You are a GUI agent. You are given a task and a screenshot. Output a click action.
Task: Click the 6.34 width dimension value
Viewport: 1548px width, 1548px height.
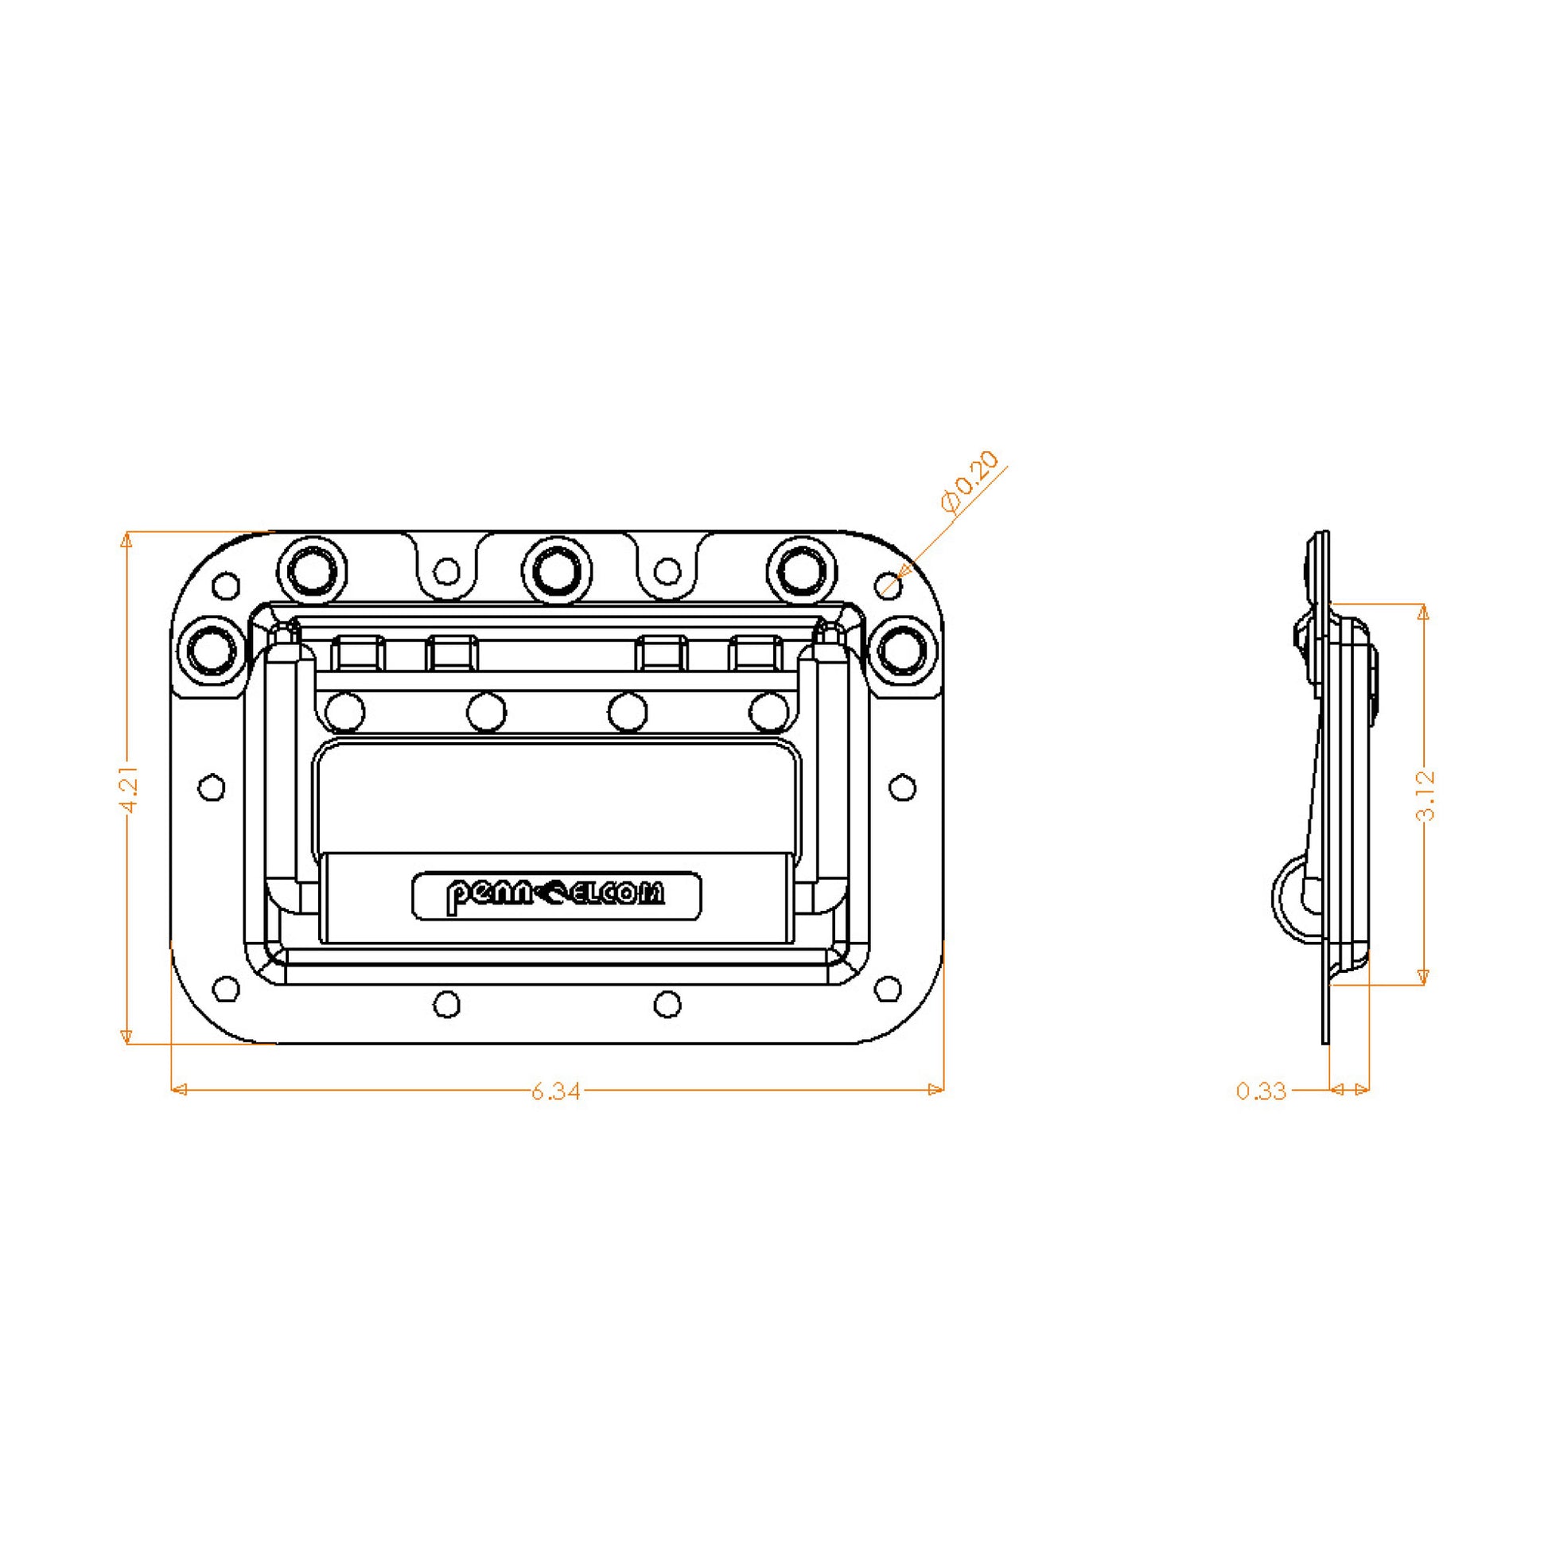(x=555, y=1091)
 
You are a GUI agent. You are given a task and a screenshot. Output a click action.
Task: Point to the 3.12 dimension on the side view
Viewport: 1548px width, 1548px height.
(x=1425, y=795)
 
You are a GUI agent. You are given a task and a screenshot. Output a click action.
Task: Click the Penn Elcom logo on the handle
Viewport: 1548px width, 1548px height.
(x=556, y=896)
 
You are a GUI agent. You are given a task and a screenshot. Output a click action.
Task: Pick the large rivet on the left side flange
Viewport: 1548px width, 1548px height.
(x=212, y=648)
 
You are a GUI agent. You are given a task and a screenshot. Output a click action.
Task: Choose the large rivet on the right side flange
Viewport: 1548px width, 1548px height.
(x=901, y=648)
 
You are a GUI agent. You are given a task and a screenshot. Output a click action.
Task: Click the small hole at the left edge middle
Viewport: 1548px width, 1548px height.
(x=211, y=788)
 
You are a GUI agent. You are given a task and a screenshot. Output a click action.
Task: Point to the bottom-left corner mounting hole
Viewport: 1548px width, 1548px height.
(x=227, y=989)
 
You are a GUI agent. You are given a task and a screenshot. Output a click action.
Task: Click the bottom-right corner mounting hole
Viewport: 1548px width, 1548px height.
(x=886, y=989)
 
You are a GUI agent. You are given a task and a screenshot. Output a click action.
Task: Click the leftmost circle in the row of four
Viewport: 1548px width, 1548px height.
(x=345, y=711)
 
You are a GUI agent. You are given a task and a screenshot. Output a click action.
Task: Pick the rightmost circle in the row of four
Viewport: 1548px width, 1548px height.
(x=770, y=711)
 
